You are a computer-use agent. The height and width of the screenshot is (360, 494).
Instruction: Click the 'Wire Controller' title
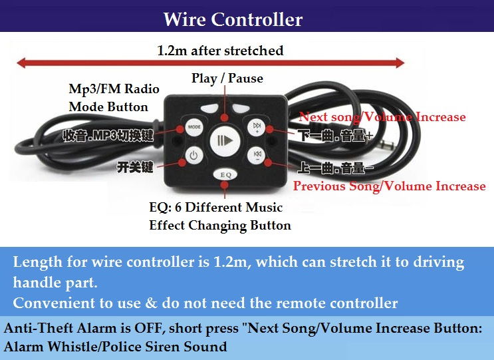coord(232,19)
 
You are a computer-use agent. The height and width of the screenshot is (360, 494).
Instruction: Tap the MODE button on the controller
coord(193,126)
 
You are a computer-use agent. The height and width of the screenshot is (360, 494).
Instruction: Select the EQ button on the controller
coord(225,174)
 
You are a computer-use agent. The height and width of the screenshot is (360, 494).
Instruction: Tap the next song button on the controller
coord(256,126)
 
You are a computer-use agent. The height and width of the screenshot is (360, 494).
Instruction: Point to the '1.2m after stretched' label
coord(219,51)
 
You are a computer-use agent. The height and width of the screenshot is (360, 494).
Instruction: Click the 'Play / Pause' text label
coord(227,79)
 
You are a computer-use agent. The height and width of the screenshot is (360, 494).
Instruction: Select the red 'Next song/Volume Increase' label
coord(382,117)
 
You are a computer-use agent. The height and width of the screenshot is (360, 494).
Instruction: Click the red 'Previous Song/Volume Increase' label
coord(389,186)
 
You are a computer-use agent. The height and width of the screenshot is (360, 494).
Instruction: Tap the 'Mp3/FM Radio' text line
coord(114,90)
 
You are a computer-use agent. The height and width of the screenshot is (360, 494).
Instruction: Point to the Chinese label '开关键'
coord(136,166)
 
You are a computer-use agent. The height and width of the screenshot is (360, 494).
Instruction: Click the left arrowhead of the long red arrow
coord(22,63)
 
